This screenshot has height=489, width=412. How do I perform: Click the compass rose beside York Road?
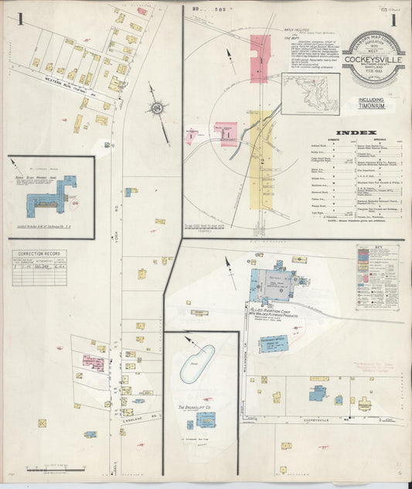click(x=158, y=110)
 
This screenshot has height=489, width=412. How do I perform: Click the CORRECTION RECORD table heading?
click(x=39, y=253)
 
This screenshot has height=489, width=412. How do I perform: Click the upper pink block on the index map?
click(x=260, y=59)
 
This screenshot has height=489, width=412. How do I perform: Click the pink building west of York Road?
click(x=93, y=361)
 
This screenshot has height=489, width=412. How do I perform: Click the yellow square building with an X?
click(x=141, y=273)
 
